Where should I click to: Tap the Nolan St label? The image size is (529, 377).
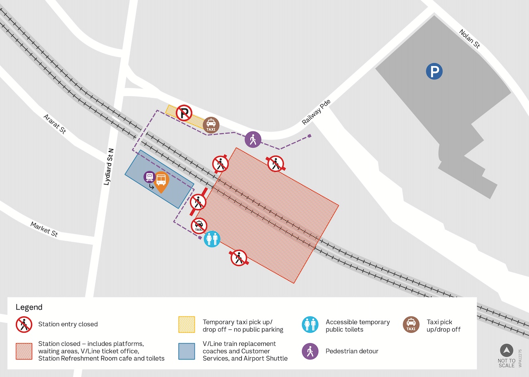coord(470,39)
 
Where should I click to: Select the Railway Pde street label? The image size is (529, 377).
coord(316,112)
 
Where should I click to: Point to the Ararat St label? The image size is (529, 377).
coord(55,124)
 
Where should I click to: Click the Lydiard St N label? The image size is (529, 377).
coord(108,167)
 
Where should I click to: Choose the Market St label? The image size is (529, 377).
coord(44,229)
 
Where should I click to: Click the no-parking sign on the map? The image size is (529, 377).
coord(184,113)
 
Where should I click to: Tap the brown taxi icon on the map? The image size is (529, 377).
coord(211,125)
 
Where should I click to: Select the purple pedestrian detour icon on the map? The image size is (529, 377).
coord(253,139)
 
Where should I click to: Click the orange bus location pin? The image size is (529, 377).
coord(161,181)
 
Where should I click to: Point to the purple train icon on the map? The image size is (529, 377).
coord(149,177)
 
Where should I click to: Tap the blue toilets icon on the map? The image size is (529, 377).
coord(212,239)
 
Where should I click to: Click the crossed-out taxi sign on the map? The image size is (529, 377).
coord(199,226)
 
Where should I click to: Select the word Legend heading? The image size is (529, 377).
coord(29,307)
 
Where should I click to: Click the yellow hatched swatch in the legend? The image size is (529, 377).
coord(186,325)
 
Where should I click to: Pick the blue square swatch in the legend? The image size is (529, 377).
coord(186,351)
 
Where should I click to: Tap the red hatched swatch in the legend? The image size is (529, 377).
coord(24,351)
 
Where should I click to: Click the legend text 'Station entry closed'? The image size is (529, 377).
coord(68,324)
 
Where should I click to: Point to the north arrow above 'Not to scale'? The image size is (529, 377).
coord(506,351)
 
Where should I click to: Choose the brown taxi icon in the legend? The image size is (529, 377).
coord(411,325)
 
